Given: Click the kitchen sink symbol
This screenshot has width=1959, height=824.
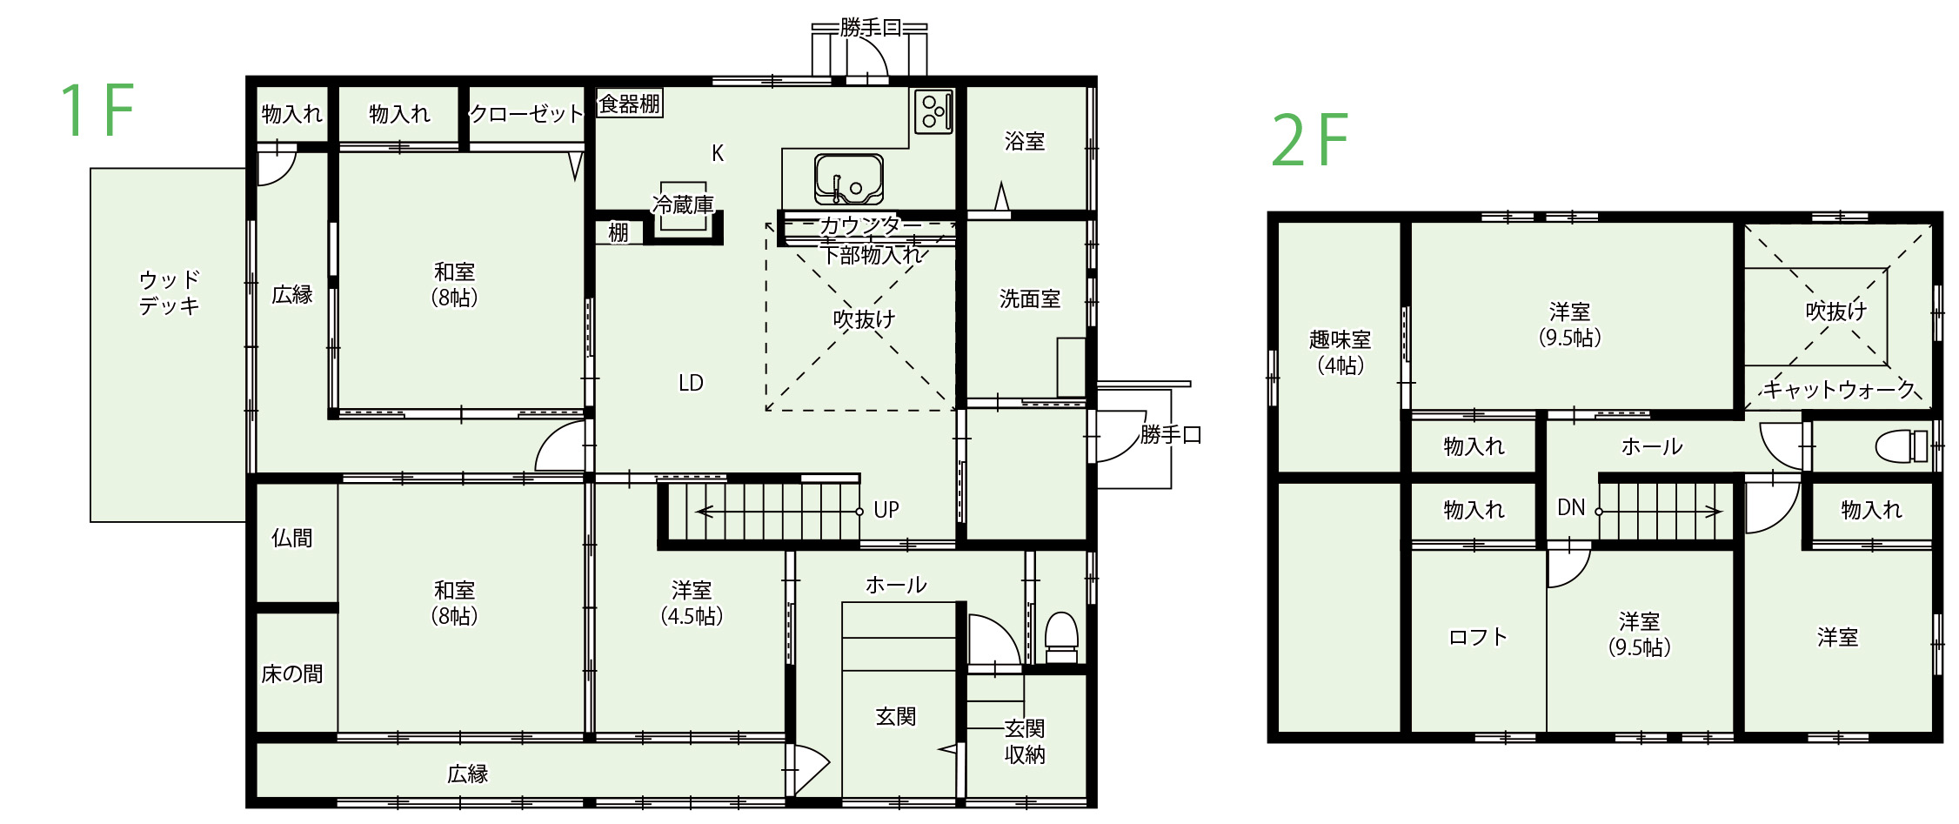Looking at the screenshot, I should [x=848, y=179].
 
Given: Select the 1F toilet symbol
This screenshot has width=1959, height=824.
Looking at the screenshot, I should [x=1061, y=636].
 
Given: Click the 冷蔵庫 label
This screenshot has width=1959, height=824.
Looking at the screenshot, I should [x=683, y=204].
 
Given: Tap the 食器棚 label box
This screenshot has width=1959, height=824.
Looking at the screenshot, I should [x=630, y=104].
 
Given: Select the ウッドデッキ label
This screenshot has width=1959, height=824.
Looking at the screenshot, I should [x=170, y=293].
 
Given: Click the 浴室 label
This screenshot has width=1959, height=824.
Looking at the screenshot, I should [x=1025, y=141].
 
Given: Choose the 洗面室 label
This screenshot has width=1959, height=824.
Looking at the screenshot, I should [x=1030, y=299].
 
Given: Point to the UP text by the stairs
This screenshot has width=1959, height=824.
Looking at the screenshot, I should [x=886, y=510].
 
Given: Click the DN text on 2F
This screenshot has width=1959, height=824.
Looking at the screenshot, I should [x=1571, y=507].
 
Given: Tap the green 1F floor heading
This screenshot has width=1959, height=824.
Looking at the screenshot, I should [x=97, y=111].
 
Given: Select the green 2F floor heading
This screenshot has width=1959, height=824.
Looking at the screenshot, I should [x=1309, y=140].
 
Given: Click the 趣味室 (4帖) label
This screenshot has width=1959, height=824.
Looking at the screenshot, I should [x=1340, y=352].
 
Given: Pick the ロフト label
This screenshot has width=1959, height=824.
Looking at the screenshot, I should [x=1477, y=638].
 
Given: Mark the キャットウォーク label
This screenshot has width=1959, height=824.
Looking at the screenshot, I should [x=1839, y=389].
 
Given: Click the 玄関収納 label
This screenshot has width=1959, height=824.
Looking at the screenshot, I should [x=1025, y=741].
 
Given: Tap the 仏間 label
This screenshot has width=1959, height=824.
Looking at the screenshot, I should [x=291, y=539].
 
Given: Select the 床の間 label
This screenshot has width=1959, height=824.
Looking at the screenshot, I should [x=291, y=674].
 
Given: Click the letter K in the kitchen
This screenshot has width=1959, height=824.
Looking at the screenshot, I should [x=718, y=154].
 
